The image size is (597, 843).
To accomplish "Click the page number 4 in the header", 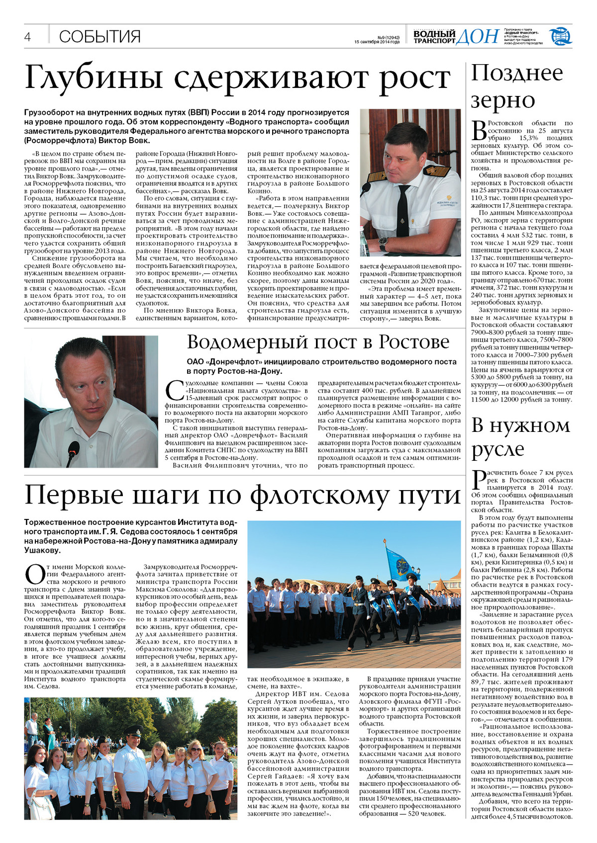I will tap(28, 37).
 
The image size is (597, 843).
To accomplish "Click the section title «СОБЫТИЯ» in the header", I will tap(99, 37).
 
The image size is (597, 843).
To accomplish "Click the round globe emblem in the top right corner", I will tap(560, 36).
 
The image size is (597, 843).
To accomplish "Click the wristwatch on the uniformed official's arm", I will tap(383, 243).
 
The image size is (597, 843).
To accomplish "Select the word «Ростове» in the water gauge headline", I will tap(413, 342).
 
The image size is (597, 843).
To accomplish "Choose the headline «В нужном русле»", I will tap(520, 437).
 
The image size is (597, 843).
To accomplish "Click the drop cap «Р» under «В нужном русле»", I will tap(479, 480).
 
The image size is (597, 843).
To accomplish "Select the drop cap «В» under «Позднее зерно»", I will tap(479, 131).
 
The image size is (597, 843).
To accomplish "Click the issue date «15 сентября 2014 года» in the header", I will tap(377, 42).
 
